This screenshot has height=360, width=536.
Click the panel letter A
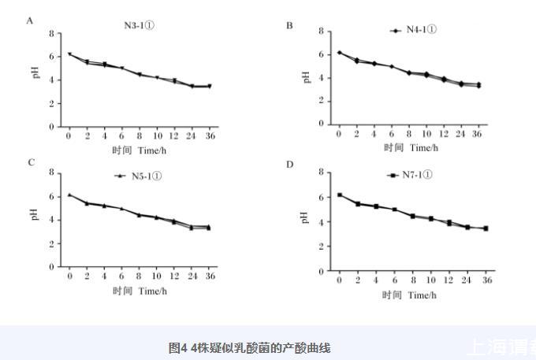pyautogui.click(x=30, y=21)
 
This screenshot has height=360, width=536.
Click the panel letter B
pyautogui.click(x=289, y=25)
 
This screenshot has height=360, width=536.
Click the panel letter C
pyautogui.click(x=31, y=162)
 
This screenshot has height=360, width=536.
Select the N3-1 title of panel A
pyautogui.click(x=139, y=25)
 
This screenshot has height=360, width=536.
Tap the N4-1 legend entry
pyautogui.click(x=414, y=30)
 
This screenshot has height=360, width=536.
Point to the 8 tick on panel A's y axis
pyautogui.click(x=50, y=34)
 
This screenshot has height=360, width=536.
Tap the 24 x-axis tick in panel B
pyautogui.click(x=460, y=134)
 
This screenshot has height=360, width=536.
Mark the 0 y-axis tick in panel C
pyautogui.click(x=50, y=267)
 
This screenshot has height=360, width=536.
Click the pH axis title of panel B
pyautogui.click(x=306, y=77)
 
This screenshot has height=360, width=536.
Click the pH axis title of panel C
pyautogui.click(x=35, y=213)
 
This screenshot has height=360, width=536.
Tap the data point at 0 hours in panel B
pyautogui.click(x=340, y=53)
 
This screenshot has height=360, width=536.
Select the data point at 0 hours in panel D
pyautogui.click(x=340, y=195)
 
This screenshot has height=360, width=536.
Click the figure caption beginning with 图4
pyautogui.click(x=249, y=347)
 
